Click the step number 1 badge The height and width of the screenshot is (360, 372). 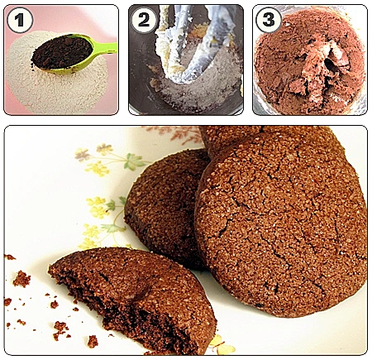point(20,20)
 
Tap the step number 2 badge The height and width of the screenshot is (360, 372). point(144,20)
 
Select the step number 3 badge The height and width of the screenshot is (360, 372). point(269,20)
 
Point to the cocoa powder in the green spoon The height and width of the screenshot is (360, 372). point(62,51)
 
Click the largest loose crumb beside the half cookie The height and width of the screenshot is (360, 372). point(21,279)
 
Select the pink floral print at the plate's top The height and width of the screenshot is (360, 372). point(176,134)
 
